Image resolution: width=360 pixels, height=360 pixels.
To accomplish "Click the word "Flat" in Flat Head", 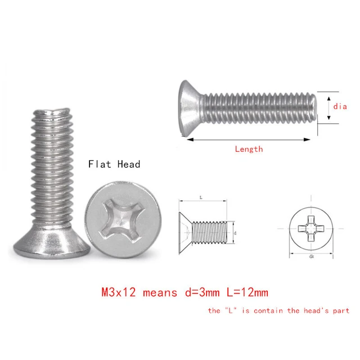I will pos(99,164).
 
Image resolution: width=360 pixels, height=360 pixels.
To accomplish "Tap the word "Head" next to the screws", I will pos(128,164).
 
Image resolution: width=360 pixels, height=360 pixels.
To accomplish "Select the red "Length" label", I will pos(248,149).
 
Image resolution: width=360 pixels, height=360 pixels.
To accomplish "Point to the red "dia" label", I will pos(340,106).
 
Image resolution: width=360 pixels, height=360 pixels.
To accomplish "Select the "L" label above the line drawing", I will pos(201,197).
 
